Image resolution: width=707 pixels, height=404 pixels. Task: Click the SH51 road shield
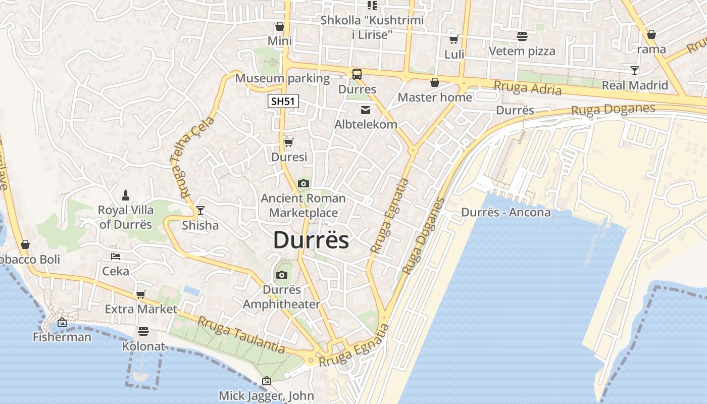[283, 101]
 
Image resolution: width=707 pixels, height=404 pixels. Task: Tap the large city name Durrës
[311, 240]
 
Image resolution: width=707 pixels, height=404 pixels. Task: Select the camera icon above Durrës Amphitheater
[282, 275]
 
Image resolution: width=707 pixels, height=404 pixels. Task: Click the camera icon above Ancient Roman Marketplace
[303, 183]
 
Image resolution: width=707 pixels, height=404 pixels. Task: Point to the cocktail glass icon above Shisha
[200, 210]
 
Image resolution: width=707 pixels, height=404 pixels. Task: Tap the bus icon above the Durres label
[357, 74]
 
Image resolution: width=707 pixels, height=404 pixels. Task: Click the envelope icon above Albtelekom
[365, 110]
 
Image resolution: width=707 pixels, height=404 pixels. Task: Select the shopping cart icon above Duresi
[288, 142]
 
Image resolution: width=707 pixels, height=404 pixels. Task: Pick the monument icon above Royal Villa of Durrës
[126, 195]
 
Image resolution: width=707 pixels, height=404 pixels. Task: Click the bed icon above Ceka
[116, 257]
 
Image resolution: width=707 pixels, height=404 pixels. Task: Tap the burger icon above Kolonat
[143, 331]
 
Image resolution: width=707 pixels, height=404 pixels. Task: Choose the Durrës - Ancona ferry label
[506, 212]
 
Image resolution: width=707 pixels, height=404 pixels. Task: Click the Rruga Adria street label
[527, 88]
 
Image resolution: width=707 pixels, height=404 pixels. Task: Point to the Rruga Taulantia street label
[241, 335]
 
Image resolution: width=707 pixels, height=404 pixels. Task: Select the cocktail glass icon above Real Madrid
[635, 70]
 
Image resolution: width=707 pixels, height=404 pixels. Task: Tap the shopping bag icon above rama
[651, 34]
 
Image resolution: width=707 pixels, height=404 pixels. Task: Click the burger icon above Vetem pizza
[522, 36]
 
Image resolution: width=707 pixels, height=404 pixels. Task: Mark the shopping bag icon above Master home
[434, 82]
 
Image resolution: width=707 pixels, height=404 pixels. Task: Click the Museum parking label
[282, 78]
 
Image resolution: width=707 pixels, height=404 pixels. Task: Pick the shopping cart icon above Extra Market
[141, 294]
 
